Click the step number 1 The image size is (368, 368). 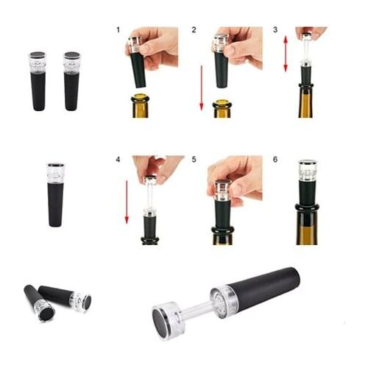point(118,30)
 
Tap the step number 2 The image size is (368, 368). point(194,30)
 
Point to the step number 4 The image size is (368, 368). point(118,159)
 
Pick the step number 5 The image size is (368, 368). point(194,159)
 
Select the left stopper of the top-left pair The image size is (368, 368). point(38,81)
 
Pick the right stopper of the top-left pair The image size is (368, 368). point(71,81)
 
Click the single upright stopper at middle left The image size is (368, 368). point(55,194)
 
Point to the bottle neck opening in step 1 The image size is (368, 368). point(140,96)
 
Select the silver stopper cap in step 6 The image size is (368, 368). point(308,171)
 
